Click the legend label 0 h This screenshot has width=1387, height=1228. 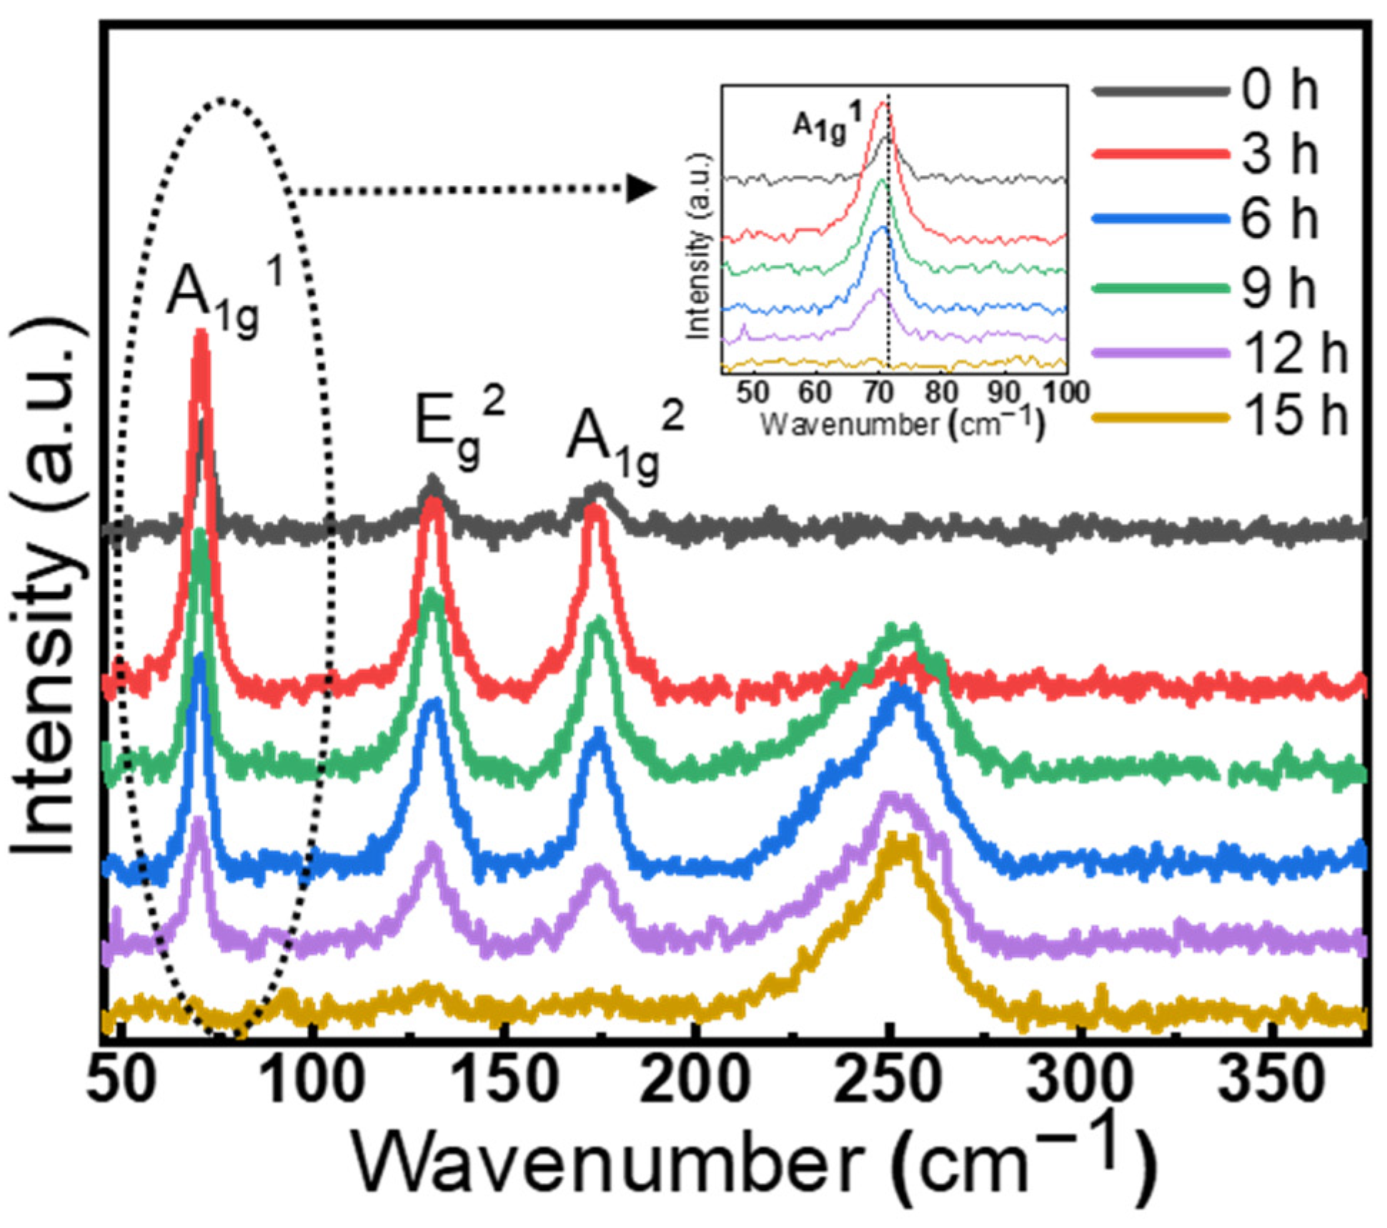tap(1279, 91)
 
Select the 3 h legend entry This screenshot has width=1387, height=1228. tap(1279, 155)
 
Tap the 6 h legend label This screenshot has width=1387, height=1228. tap(1279, 219)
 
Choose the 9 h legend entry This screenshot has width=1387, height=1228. tap(1279, 287)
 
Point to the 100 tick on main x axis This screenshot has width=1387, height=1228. tap(312, 1081)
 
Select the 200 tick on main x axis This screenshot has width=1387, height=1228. tap(695, 1081)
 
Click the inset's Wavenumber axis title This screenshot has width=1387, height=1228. tap(902, 425)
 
